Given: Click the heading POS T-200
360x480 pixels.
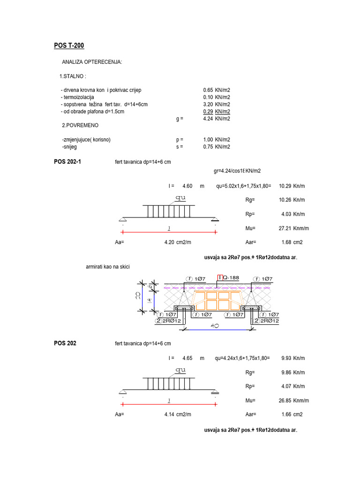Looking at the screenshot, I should [69, 45].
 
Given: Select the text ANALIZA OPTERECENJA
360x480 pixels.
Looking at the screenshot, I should [91, 62].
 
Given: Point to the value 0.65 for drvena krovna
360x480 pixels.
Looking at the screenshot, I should [208, 90].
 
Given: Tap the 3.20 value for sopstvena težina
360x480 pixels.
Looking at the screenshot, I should [208, 104].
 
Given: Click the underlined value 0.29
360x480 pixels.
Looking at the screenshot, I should [208, 112].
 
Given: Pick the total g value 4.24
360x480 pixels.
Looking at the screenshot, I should [208, 119].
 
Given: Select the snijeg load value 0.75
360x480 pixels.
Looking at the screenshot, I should [208, 147].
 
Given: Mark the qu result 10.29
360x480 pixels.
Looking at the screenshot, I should [285, 186].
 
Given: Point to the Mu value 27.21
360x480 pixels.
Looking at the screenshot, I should [285, 228].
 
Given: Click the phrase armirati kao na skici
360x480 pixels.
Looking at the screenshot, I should [107, 267].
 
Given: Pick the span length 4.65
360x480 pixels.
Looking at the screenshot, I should [187, 358].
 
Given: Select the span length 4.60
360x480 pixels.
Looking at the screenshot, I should [187, 186].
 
